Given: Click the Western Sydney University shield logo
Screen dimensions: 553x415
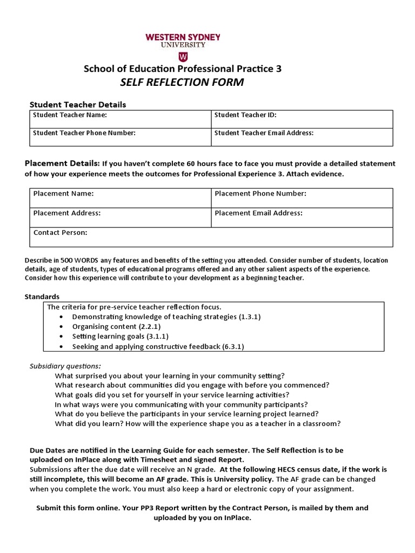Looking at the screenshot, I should tap(183, 57).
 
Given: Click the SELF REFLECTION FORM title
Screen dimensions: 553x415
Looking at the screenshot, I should tap(182, 82).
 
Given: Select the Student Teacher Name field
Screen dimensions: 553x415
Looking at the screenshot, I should tap(120, 119).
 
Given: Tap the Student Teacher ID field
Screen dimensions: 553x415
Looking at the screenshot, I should tap(302, 119).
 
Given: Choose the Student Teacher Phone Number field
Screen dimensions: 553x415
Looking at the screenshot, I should tap(120, 137).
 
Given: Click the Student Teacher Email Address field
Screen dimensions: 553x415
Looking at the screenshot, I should tap(302, 137).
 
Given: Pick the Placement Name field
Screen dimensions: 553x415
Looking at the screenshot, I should tap(120, 198).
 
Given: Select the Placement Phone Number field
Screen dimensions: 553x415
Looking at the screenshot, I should tap(302, 198).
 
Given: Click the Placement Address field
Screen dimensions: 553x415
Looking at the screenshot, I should tap(120, 217).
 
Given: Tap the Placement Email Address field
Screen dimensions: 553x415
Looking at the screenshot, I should tap(302, 217).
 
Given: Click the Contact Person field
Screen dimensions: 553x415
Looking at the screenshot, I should tap(211, 237).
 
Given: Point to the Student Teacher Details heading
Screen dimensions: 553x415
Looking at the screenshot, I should tap(78, 104).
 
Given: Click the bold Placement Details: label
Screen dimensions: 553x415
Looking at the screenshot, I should tap(62, 163).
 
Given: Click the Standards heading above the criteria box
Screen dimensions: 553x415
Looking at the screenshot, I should tap(42, 296).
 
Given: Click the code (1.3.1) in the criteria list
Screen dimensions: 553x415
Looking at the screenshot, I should tap(250, 317).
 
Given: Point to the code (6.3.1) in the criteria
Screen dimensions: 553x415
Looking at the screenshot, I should tap(233, 346).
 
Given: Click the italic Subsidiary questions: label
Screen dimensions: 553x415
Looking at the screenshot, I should tap(65, 366).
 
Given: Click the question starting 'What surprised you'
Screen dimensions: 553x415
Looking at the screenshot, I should tap(170, 375).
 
